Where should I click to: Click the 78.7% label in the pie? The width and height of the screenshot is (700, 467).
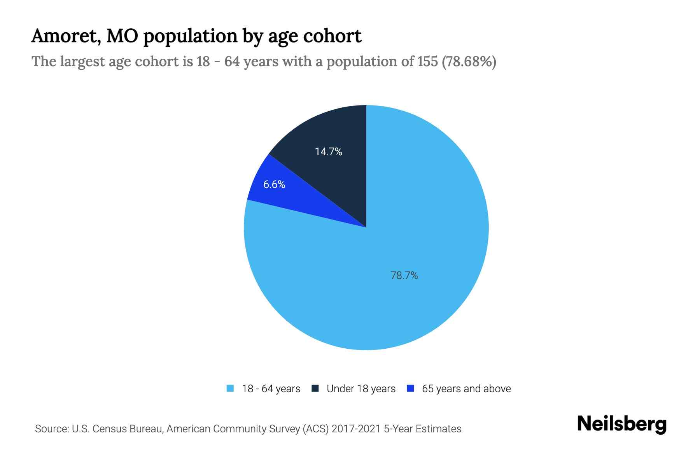click(404, 276)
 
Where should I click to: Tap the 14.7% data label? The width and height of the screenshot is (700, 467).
click(328, 152)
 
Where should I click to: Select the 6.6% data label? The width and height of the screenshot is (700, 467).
click(274, 184)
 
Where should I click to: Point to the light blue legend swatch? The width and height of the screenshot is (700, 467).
click(230, 388)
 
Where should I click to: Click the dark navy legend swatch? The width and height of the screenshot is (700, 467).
click(315, 388)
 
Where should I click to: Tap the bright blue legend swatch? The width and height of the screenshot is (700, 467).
click(410, 388)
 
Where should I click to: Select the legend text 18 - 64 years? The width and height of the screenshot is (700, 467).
click(271, 389)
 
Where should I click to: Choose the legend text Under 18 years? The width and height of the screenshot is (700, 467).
click(361, 389)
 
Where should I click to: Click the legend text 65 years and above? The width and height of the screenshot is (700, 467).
click(466, 389)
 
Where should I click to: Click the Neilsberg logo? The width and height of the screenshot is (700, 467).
click(621, 424)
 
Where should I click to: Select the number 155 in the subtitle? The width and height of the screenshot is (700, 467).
click(427, 61)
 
